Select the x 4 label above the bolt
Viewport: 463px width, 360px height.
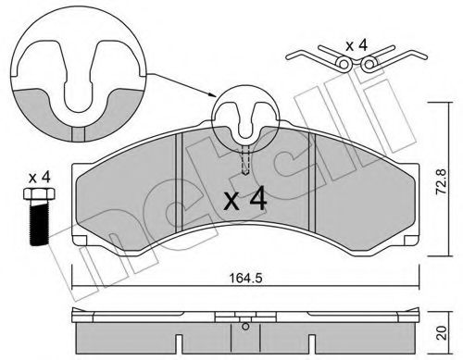pos(38,176)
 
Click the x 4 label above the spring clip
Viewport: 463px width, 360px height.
pos(357,43)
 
